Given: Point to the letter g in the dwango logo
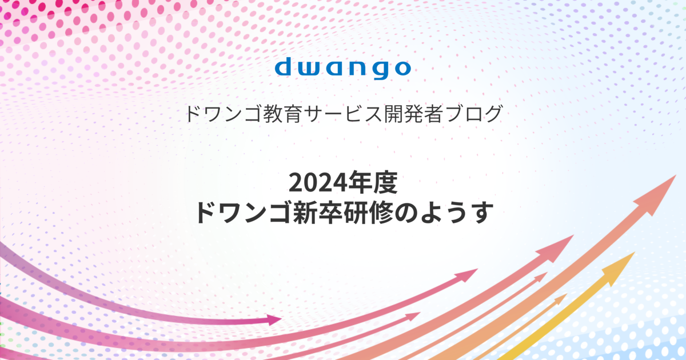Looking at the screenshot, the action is pyautogui.click(x=382, y=71).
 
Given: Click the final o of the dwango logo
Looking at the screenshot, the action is pyautogui.click(x=402, y=69).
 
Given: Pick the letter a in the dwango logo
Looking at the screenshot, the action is pyautogui.click(x=335, y=69).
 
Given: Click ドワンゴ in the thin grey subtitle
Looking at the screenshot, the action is pyautogui.click(x=224, y=114).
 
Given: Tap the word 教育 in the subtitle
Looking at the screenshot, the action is pyautogui.click(x=282, y=114).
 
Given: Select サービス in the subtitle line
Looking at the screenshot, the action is pyautogui.click(x=342, y=114).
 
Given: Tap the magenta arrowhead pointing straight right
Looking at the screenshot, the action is pyautogui.click(x=273, y=320).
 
